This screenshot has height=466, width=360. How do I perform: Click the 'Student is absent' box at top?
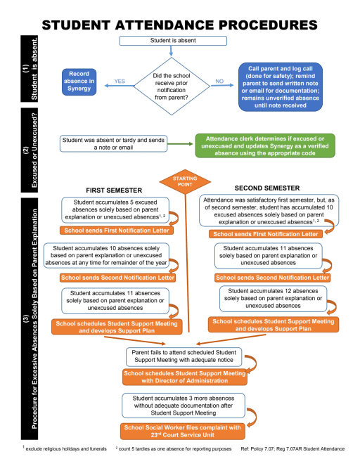[173, 41]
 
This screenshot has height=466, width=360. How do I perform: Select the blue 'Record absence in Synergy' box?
[79, 82]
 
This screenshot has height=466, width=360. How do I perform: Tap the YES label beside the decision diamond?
[120, 81]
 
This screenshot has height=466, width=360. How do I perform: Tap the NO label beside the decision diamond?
[219, 81]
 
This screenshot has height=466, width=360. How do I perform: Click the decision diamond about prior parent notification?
[172, 86]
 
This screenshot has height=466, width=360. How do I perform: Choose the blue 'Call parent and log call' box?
[281, 86]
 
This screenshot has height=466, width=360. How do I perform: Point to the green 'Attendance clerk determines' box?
[265, 145]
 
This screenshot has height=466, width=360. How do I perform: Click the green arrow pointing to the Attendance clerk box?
[180, 144]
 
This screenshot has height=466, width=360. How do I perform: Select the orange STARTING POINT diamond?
[185, 181]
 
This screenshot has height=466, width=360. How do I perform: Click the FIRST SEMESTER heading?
[114, 190]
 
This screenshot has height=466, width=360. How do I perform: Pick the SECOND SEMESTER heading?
[267, 188]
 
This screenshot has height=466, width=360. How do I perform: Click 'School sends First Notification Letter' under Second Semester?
[266, 234]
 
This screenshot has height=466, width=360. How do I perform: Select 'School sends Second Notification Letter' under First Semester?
[117, 278]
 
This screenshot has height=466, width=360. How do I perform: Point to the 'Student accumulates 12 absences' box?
[273, 299]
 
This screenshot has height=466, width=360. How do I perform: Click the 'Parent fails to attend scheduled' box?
[184, 356]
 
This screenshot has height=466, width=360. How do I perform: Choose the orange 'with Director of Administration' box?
[185, 377]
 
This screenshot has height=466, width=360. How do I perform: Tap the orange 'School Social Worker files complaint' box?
[183, 432]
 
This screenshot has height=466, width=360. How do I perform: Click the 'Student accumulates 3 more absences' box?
[183, 406]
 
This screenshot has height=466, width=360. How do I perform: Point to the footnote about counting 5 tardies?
[174, 448]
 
